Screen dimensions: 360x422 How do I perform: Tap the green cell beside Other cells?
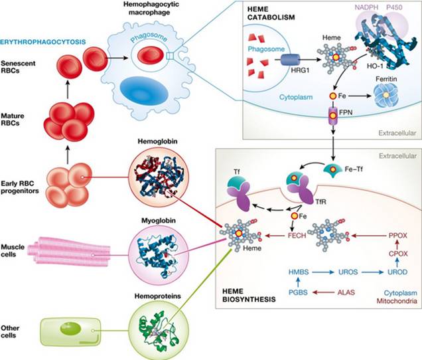click(70, 328)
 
